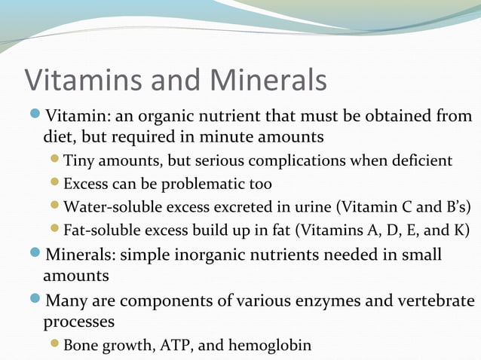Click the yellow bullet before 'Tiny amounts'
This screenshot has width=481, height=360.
coord(54,160)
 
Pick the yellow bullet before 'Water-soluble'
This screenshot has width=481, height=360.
coord(54,206)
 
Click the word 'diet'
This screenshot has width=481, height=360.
coord(57,138)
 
